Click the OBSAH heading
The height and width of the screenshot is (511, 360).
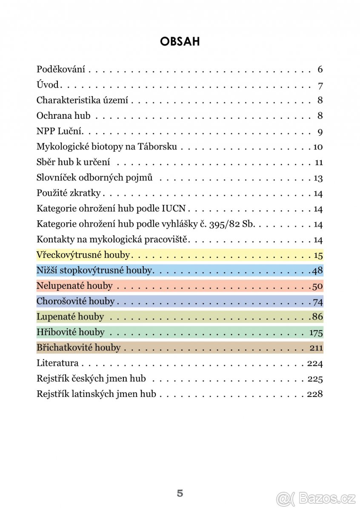pyautogui.click(x=180, y=41)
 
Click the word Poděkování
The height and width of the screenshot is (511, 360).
pyautogui.click(x=61, y=69)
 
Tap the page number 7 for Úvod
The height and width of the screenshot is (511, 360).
pyautogui.click(x=320, y=85)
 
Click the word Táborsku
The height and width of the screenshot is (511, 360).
pyautogui.click(x=157, y=147)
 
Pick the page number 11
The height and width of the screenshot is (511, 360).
pyautogui.click(x=319, y=163)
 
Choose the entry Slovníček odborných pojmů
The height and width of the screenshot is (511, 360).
pyautogui.click(x=94, y=178)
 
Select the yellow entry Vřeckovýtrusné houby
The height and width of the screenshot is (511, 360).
pyautogui.click(x=83, y=255)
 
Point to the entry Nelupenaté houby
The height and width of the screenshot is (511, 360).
pyautogui.click(x=74, y=286)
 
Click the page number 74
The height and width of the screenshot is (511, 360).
pyautogui.click(x=318, y=302)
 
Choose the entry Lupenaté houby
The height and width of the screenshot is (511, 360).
pyautogui.click(x=70, y=317)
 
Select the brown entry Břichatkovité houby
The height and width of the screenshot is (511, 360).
pyautogui.click(x=79, y=348)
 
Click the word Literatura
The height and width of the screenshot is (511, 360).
pyautogui.click(x=57, y=363)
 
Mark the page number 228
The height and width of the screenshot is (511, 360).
pyautogui.click(x=315, y=394)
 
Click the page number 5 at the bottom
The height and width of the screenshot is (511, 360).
pyautogui.click(x=180, y=494)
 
